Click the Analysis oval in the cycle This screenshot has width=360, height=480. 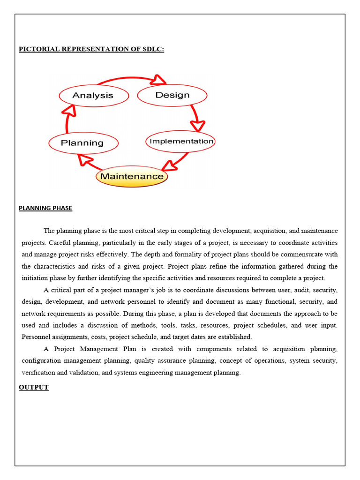pos(93,95)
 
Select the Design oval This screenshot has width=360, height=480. pos(172,95)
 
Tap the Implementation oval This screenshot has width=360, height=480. pos(180,141)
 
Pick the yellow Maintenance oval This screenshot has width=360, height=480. pos(132,177)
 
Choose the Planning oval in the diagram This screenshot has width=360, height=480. pos(83,143)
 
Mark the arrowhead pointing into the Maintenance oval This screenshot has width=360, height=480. pos(167,165)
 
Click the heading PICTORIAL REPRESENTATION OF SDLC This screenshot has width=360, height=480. pos(91,49)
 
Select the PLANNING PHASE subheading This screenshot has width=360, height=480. pos(45,208)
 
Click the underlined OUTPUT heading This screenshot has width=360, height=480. pos(34,387)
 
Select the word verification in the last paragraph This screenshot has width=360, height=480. pos(37,373)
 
